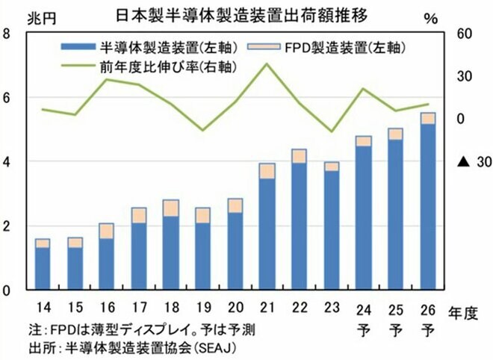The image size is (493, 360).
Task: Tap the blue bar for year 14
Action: tap(43, 268)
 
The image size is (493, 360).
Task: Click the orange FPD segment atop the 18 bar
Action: tap(170, 208)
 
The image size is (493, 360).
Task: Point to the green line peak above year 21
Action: tap(267, 64)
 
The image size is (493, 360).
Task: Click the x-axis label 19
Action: tap(203, 306)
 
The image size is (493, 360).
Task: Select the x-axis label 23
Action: tap(332, 306)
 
